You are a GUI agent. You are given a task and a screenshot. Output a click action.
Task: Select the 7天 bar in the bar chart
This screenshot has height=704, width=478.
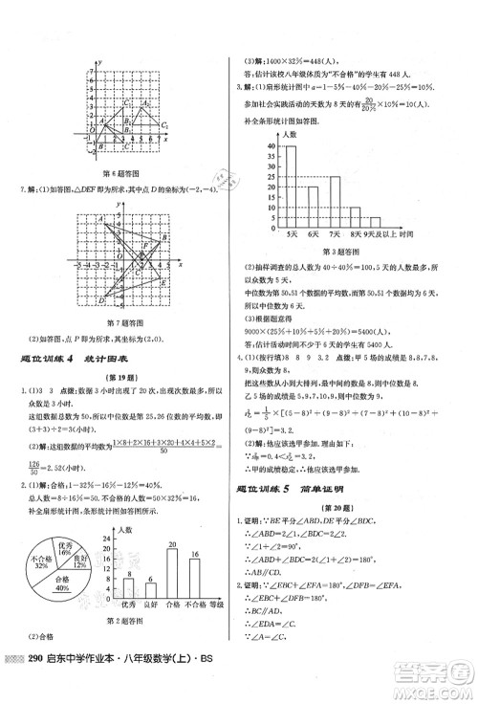coord(336,201)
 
